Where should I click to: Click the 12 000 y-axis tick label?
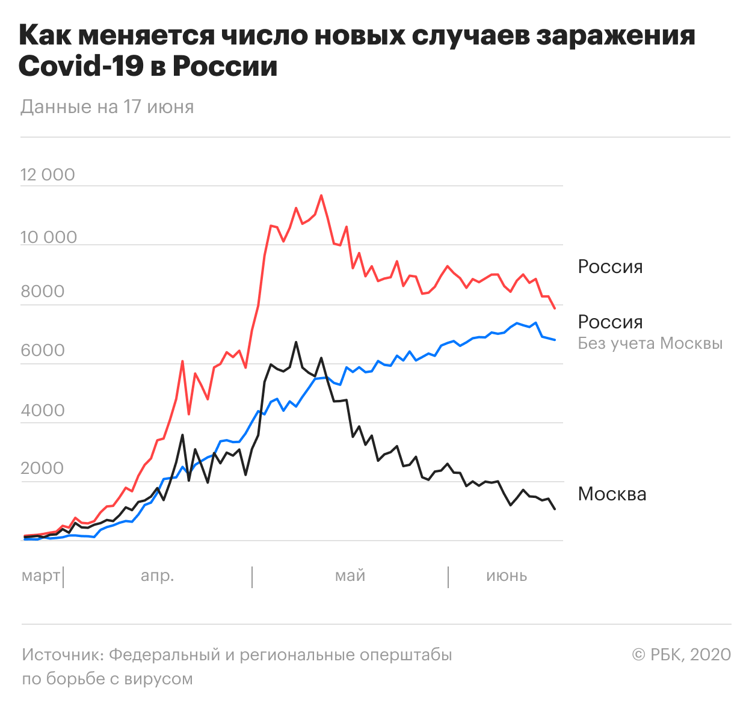pos(48,175)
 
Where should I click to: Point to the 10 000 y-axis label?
pos(49,238)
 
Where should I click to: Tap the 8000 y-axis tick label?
pos(42,292)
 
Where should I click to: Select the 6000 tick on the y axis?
pos(42,351)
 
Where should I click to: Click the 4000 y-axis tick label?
pos(42,411)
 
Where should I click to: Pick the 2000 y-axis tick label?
pos(42,468)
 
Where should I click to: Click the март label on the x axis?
pos(40,576)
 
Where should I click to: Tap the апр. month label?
pos(157,576)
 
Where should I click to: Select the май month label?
pos(350,576)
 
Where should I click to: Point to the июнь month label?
pos(507,576)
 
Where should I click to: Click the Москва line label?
pos(612,494)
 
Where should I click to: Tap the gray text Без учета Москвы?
pos(650,343)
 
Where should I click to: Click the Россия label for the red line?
pos(610,267)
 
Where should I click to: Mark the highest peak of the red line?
pos(321,195)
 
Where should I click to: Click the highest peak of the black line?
pos(296,342)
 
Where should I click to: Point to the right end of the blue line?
pos(555,340)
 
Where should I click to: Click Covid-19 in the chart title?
pos(81,66)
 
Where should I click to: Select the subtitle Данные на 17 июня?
pos(107,107)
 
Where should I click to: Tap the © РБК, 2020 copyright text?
pos(681,655)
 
